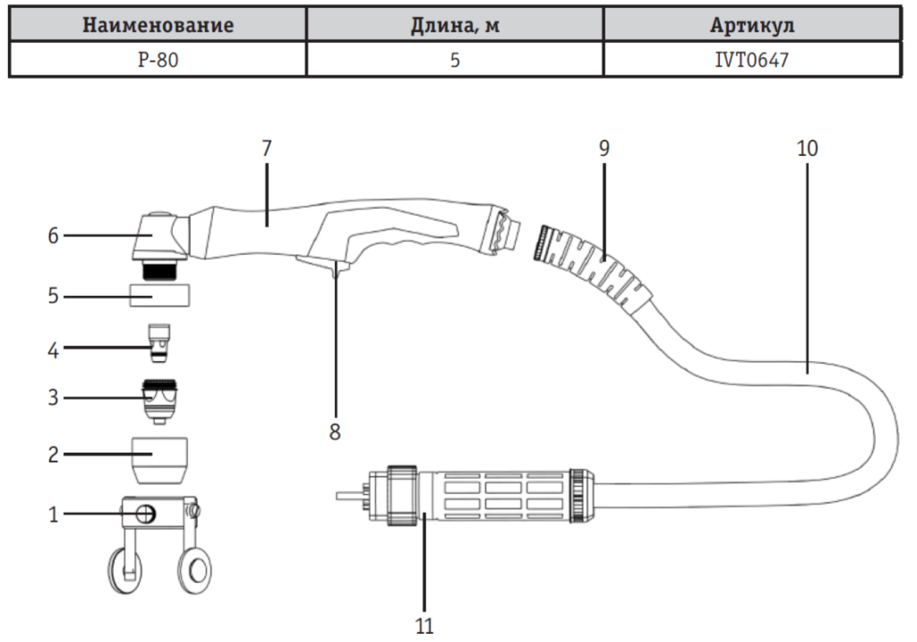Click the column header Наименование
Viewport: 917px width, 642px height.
click(158, 25)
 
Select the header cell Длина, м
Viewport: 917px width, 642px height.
click(455, 25)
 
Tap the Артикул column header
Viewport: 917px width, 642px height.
click(752, 25)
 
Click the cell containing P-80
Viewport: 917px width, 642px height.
click(158, 62)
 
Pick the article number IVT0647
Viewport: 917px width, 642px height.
click(752, 62)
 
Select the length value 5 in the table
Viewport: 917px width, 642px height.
click(455, 62)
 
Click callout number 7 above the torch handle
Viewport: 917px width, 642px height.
click(266, 148)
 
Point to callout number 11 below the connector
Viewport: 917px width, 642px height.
click(422, 624)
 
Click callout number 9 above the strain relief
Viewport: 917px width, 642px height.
click(604, 148)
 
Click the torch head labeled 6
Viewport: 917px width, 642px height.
click(157, 235)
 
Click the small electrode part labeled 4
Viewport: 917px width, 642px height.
click(159, 343)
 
